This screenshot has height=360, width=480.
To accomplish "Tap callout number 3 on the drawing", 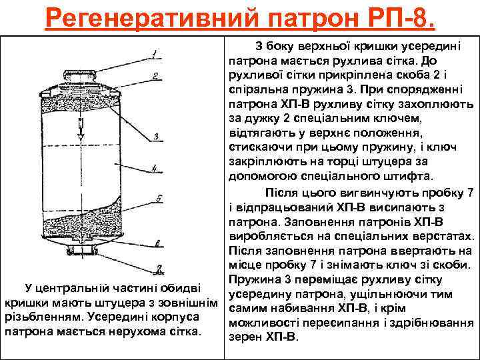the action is point(155,137).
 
